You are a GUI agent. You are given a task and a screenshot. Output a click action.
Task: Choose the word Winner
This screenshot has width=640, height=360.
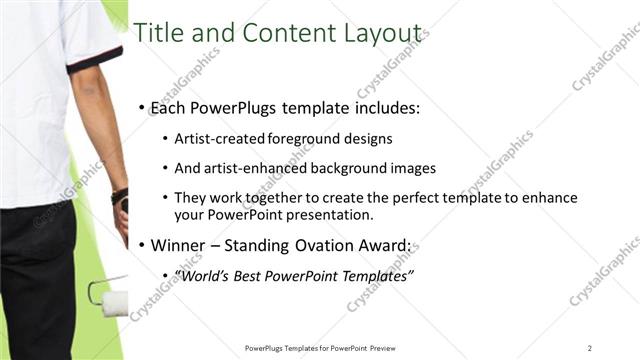point(181,244)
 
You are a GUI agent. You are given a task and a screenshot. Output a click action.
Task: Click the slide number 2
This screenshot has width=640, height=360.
point(590,347)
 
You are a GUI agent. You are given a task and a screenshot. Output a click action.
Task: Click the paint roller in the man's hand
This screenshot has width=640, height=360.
point(111,297)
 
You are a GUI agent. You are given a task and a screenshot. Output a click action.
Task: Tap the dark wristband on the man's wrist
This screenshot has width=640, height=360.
point(120,196)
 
